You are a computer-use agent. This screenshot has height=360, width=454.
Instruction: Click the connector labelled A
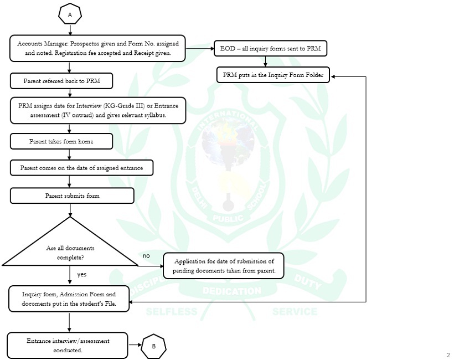click(x=70, y=15)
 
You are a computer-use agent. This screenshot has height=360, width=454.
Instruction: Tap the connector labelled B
click(x=153, y=347)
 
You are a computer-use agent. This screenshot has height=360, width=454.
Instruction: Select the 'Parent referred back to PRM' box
click(x=61, y=81)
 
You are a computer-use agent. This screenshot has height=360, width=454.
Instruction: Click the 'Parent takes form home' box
click(x=61, y=141)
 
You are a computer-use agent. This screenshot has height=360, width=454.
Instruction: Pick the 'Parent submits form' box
click(x=72, y=196)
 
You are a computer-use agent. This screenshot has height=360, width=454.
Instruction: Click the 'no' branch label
click(x=146, y=256)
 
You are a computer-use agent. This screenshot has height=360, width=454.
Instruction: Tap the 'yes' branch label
click(x=81, y=274)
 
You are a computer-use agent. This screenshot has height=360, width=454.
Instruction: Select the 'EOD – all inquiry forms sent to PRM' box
click(x=271, y=49)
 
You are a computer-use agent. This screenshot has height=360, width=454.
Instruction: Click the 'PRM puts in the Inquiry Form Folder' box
click(x=272, y=74)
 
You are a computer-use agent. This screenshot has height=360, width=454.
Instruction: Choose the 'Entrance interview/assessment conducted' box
click(x=68, y=345)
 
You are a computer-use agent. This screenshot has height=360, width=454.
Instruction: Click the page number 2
click(x=448, y=355)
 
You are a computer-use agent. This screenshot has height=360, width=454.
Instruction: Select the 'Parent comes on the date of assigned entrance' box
click(x=81, y=167)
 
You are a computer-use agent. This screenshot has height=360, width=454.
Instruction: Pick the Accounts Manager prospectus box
click(x=97, y=48)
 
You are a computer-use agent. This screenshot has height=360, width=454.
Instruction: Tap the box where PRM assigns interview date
click(x=97, y=110)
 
